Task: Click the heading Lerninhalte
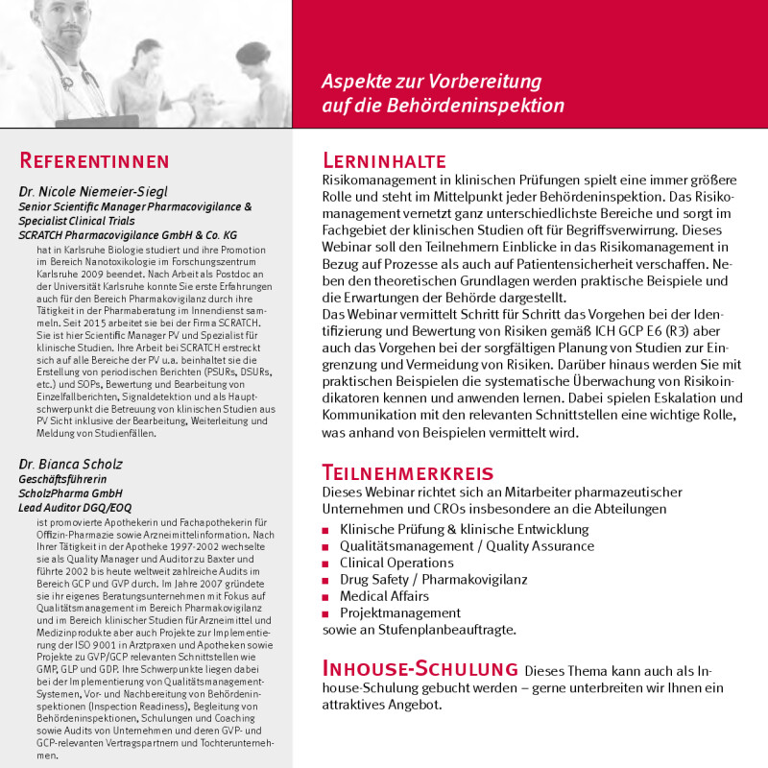point(384,159)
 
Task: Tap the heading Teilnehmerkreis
point(408,472)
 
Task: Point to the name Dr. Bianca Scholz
point(71,464)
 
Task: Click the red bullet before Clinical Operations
point(328,564)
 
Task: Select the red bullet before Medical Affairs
point(328,597)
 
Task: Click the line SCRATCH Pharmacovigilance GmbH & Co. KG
point(128,234)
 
